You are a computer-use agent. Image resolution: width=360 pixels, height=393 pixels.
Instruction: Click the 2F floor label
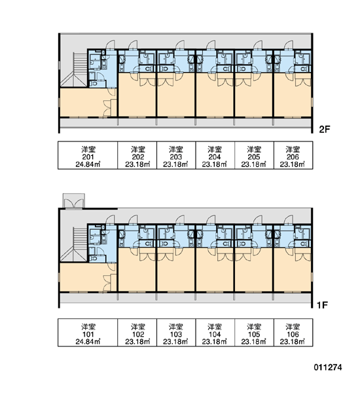point(324,129)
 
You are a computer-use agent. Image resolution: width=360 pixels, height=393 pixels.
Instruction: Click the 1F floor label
point(322,305)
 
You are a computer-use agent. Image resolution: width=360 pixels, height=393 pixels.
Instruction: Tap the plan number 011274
point(328,367)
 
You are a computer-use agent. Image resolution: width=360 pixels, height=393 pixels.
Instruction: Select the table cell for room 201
point(88,155)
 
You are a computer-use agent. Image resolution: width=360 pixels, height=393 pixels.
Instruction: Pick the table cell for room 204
point(215,155)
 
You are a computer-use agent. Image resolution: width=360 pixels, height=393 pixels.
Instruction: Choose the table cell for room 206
point(293,155)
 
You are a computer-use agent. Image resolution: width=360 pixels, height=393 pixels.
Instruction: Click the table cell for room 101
point(88,333)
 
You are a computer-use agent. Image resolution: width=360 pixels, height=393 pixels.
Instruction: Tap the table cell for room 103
point(176,333)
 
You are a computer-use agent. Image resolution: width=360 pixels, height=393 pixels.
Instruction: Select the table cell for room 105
point(254,333)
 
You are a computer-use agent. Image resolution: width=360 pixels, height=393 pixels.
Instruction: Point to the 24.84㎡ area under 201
point(88,164)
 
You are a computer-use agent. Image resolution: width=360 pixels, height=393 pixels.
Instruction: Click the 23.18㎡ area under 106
point(293,342)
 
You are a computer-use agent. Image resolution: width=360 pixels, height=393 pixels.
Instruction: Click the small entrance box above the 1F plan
point(74,200)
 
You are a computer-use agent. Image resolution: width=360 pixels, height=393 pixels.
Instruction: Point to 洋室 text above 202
point(138,149)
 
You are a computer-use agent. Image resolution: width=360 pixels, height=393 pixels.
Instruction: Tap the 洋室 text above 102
point(138,327)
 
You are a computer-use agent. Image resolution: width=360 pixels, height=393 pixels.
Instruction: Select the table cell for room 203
point(176,155)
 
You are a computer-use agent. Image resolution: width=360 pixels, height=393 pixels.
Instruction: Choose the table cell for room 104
point(215,333)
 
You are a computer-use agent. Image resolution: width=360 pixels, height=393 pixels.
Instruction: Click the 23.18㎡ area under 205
point(254,164)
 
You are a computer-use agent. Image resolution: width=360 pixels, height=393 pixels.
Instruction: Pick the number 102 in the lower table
point(138,334)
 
